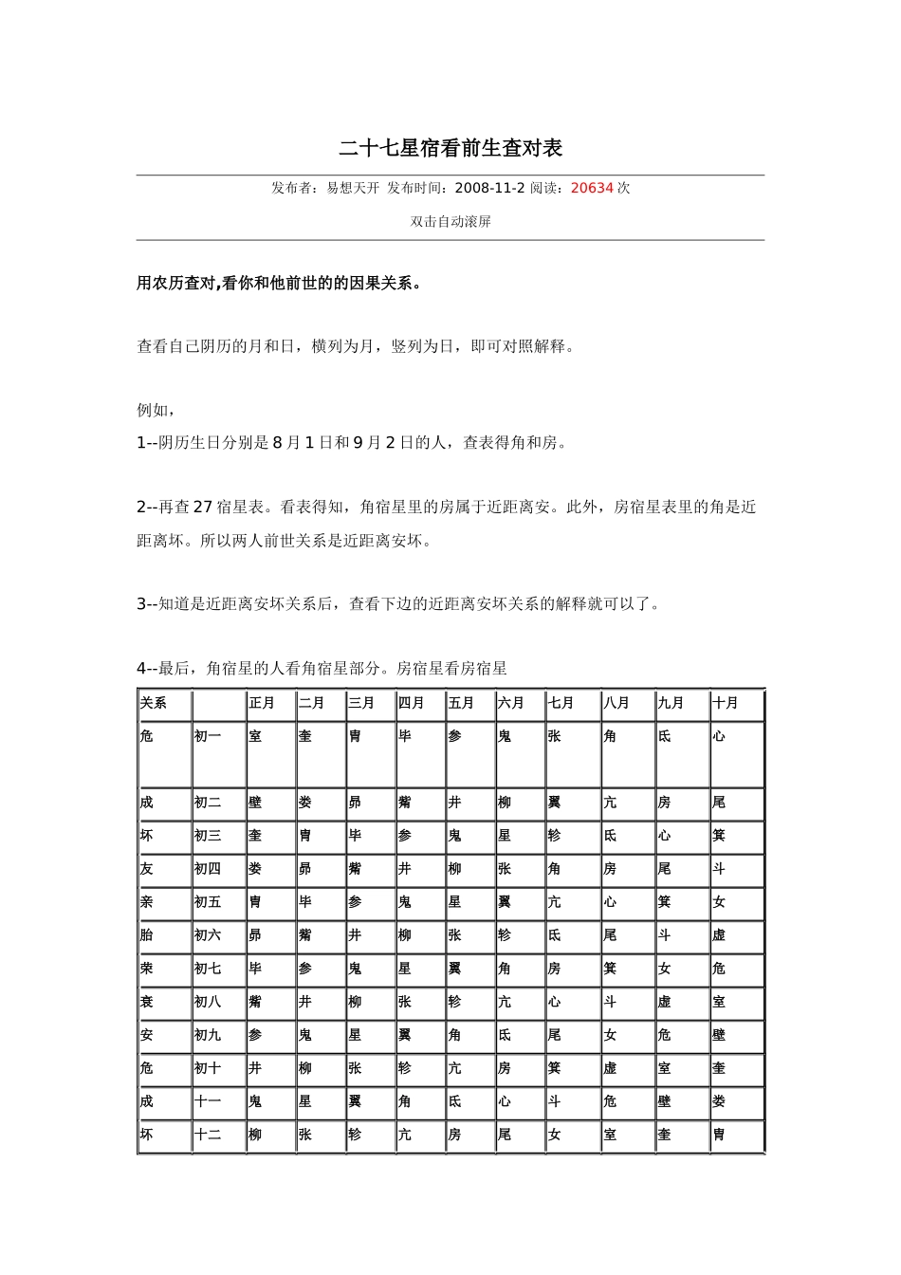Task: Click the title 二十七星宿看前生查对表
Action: coord(450,148)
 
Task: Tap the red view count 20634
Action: coord(592,188)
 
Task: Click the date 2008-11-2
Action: coord(489,188)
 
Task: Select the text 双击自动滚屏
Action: coord(450,222)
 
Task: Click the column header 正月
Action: coord(262,703)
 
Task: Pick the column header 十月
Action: coord(726,703)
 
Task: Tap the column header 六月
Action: coord(510,703)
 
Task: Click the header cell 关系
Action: coord(153,703)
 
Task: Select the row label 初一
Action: coord(208,736)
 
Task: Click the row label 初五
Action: coord(208,902)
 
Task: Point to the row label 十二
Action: coord(208,1135)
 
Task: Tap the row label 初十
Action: coord(208,1068)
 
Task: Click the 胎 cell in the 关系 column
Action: coord(146,935)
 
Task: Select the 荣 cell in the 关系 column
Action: coord(146,969)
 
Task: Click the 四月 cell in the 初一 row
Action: coord(405,736)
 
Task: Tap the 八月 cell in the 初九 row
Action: coord(610,1035)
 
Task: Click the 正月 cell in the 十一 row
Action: coord(255,1101)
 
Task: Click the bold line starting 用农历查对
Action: coord(279,284)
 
